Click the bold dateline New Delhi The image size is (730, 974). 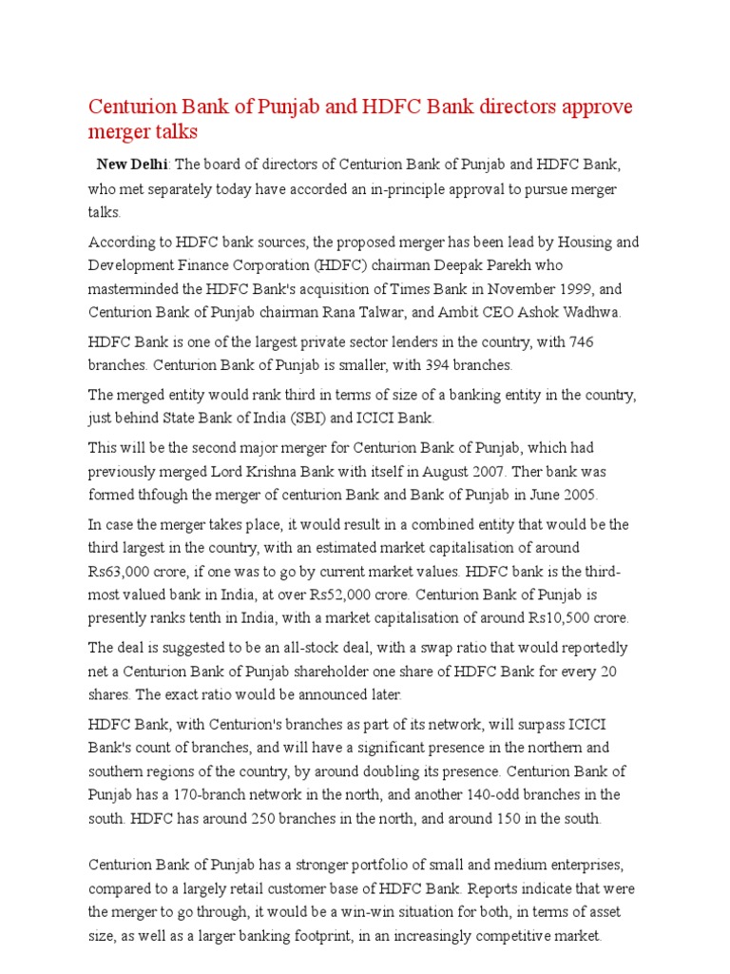[x=126, y=165]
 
